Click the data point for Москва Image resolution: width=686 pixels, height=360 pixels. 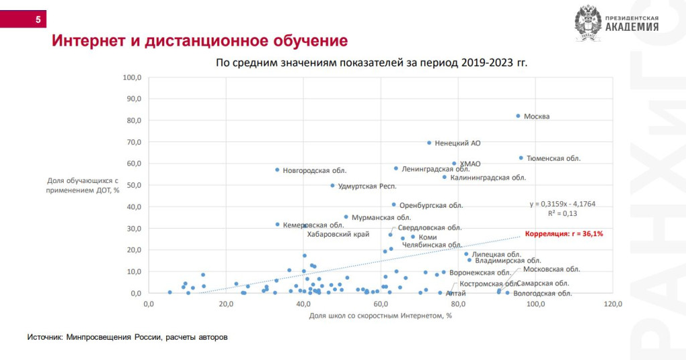click(x=518, y=116)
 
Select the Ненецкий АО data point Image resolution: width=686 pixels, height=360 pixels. click(x=429, y=143)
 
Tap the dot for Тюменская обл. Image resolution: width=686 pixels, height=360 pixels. click(x=521, y=158)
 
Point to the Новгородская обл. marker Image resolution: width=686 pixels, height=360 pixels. click(x=277, y=170)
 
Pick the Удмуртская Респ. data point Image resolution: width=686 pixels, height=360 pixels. click(x=332, y=186)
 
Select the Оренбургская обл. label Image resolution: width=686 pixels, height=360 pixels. click(x=431, y=205)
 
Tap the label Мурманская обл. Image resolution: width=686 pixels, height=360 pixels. click(x=381, y=217)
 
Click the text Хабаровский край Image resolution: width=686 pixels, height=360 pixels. click(x=338, y=235)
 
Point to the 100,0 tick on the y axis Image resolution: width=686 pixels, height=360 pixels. click(x=132, y=77)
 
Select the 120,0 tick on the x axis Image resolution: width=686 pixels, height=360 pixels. click(x=613, y=304)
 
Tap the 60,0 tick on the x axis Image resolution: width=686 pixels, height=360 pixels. click(x=381, y=304)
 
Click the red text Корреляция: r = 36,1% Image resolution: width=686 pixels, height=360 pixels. click(x=564, y=233)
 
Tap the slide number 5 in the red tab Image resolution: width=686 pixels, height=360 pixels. click(x=38, y=20)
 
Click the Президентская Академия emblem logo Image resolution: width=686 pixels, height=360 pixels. click(x=588, y=22)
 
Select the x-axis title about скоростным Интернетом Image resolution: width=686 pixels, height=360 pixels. click(x=381, y=316)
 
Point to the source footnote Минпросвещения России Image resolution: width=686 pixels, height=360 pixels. click(x=127, y=337)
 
